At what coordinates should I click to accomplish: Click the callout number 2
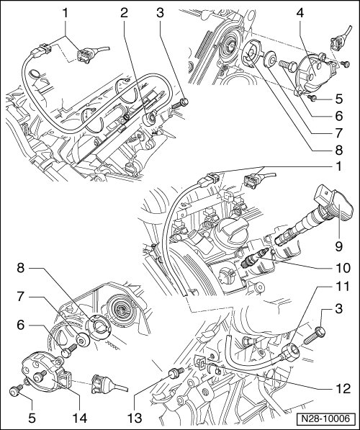coord(125,13)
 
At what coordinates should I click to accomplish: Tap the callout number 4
coord(300,13)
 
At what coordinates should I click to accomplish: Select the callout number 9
coord(339,246)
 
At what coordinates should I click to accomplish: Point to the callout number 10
coord(343,268)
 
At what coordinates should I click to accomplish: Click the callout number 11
coord(343,287)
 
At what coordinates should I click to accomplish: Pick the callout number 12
coord(343,388)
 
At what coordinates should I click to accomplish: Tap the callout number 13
coord(135,418)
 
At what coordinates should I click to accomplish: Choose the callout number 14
coord(80,418)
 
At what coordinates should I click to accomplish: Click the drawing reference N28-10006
coord(325,418)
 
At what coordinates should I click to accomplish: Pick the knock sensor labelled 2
coord(150,118)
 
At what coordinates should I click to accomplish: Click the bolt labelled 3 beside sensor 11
coord(315,335)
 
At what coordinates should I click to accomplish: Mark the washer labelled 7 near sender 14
coord(82,340)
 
